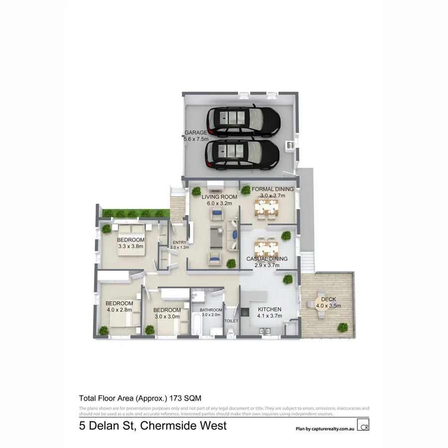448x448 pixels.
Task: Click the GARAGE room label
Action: (x=195, y=133)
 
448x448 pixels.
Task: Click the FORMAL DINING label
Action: (x=272, y=189)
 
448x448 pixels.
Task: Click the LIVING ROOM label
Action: (x=219, y=197)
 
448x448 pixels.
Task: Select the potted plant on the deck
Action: (x=342, y=327)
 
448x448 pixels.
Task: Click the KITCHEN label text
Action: (x=269, y=310)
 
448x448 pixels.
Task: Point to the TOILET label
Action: (x=232, y=321)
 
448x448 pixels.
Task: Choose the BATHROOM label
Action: (x=210, y=310)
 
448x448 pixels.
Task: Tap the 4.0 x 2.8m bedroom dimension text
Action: (x=119, y=310)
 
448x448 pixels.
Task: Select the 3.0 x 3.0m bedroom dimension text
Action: (x=165, y=316)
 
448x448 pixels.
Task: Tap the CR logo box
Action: (x=365, y=427)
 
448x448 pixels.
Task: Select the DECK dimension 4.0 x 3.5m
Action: (x=329, y=306)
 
